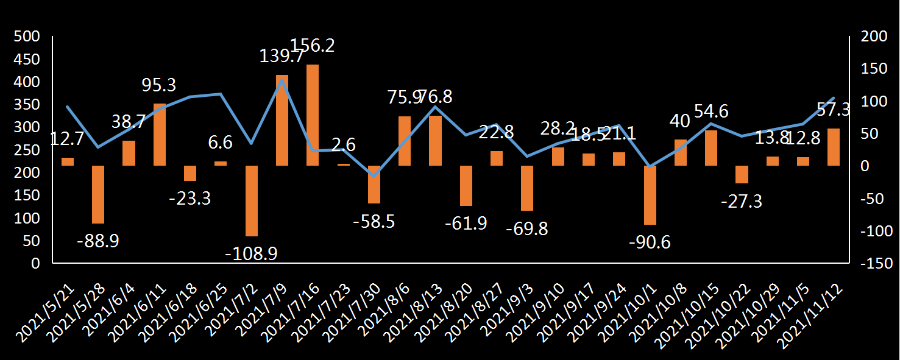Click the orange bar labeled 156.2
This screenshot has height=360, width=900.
coord(313,115)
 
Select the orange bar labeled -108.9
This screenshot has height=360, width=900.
coord(251,200)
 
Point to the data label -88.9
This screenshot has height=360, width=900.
coord(98,241)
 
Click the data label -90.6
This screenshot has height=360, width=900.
coord(650,242)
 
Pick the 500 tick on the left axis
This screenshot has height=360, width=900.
coord(27,37)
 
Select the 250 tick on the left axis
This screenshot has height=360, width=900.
coord(27,150)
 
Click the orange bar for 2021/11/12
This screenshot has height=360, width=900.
coord(834,147)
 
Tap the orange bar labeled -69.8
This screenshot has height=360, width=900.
coord(527,188)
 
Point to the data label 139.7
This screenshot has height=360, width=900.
coord(282,57)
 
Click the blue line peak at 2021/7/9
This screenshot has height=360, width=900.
coord(282,79)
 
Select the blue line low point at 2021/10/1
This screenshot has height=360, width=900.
coord(650,166)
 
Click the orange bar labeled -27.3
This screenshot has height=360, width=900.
coord(742,174)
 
